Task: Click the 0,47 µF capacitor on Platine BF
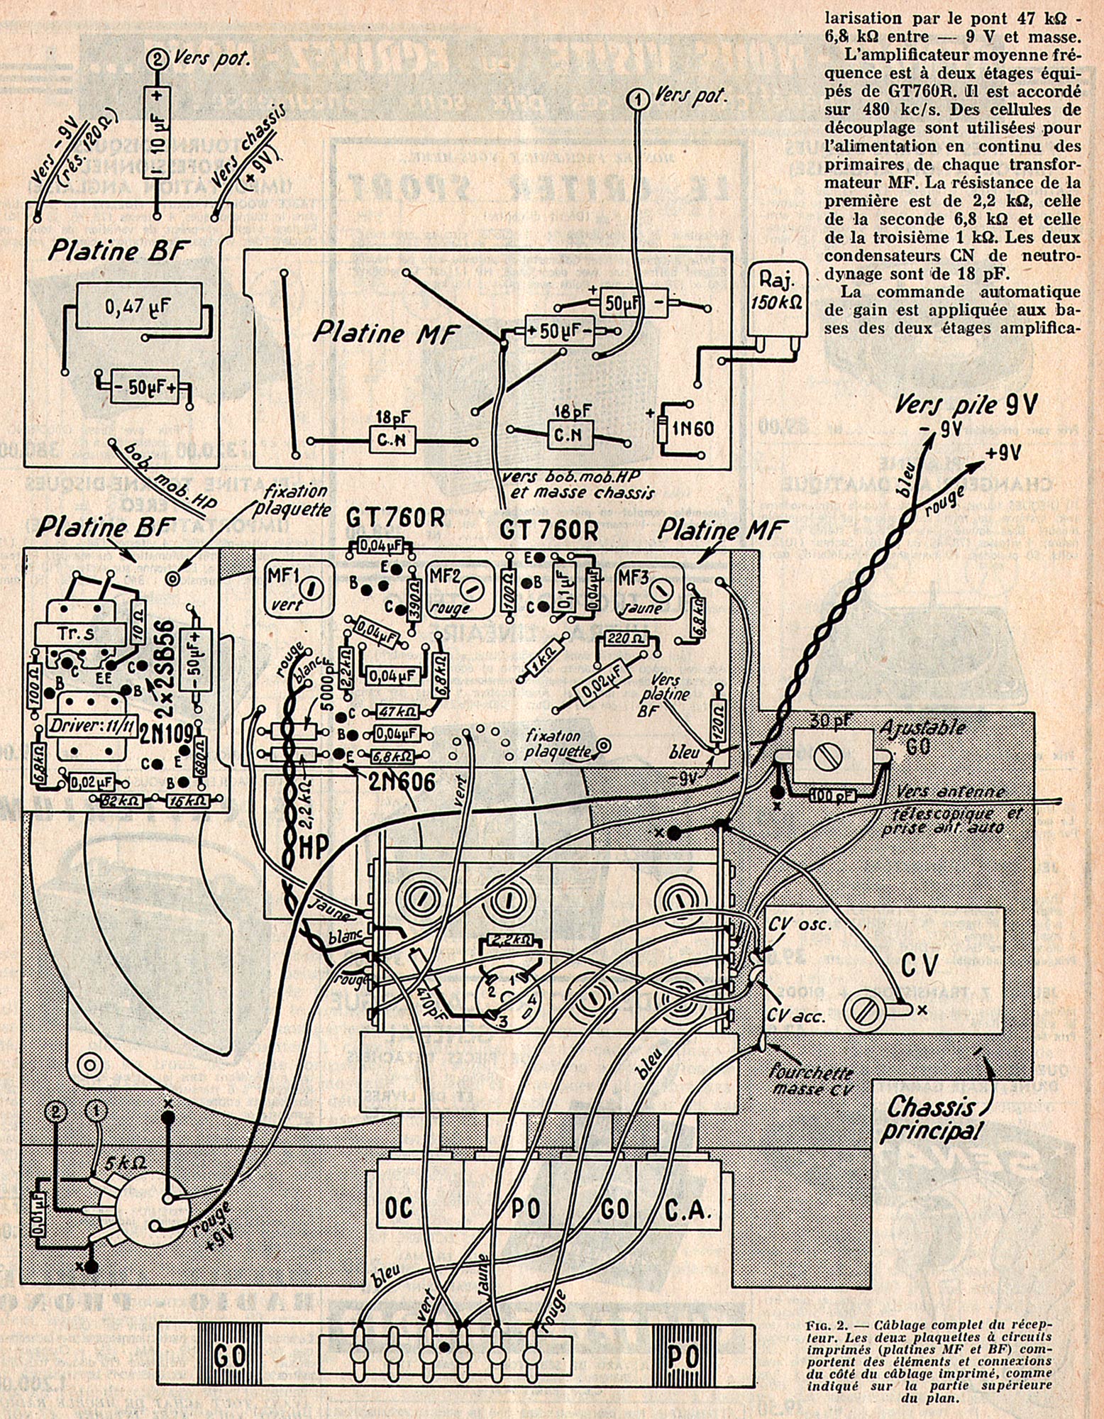click(138, 307)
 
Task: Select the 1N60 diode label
click(692, 428)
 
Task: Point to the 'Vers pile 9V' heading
click(965, 406)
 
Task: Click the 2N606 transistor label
click(402, 780)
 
